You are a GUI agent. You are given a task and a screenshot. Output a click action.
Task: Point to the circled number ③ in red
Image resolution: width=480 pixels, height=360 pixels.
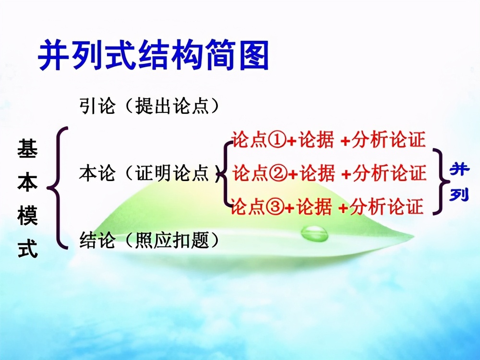[x=277, y=207]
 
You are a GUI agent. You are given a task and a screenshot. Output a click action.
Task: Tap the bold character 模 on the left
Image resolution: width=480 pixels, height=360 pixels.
[x=27, y=217]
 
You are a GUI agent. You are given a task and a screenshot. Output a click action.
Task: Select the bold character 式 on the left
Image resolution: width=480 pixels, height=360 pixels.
[x=27, y=250]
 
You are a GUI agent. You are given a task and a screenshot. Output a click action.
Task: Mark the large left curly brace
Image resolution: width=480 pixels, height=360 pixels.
[x=60, y=187]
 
